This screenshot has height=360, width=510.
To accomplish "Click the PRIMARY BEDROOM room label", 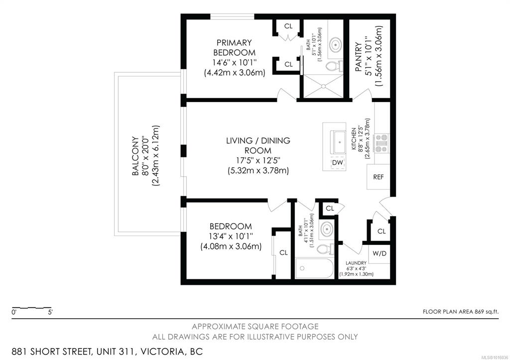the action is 235,47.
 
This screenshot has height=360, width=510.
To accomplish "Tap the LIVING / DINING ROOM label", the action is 258,145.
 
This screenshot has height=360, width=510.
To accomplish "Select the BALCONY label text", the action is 135,156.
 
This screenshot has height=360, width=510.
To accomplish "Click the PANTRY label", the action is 358,57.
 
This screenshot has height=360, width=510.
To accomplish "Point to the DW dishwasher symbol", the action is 338,162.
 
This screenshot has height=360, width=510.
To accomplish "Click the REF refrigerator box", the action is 379,177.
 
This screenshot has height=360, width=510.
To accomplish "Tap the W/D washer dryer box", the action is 379,253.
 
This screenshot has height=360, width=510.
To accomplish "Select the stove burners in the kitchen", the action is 381,143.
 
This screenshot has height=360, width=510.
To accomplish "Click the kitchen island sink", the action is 338,142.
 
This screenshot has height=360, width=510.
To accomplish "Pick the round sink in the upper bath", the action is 335,44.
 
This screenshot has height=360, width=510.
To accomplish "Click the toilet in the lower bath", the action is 325,249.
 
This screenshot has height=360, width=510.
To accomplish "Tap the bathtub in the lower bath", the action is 315,268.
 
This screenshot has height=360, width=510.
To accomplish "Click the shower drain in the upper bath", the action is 323,86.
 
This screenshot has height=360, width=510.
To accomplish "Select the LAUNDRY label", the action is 356,263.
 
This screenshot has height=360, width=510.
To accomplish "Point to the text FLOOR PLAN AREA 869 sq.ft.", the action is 460,312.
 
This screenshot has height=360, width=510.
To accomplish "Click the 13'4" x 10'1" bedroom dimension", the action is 231,236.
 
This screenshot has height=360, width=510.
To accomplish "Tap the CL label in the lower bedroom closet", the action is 283,252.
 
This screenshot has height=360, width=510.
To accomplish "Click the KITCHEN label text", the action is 354,138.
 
